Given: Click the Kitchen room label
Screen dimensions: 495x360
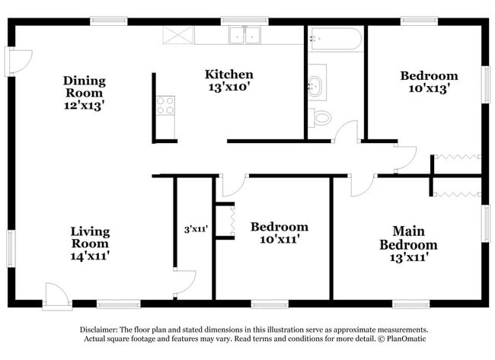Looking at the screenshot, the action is click(229, 75).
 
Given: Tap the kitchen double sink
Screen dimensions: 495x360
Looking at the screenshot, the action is click(245, 35).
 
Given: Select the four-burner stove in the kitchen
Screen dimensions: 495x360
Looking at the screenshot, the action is click(165, 105).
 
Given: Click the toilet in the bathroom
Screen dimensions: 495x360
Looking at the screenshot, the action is click(320, 118).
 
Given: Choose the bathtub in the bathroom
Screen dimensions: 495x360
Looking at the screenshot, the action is click(336, 39).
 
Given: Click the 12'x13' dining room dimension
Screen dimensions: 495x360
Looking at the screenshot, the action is click(84, 105).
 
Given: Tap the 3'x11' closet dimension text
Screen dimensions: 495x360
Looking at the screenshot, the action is click(196, 229).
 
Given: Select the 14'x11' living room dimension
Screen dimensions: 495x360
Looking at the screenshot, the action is click(90, 256).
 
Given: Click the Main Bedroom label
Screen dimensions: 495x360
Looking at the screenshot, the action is click(408, 238).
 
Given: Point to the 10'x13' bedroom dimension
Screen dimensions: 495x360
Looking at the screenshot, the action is click(429, 88).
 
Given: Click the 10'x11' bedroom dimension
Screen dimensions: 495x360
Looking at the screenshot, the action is click(279, 239).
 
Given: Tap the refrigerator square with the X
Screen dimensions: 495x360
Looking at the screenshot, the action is click(177, 35).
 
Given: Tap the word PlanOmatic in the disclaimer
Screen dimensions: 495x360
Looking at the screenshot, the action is click(406, 339).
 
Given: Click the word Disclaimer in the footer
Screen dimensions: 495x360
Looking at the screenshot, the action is click(98, 330).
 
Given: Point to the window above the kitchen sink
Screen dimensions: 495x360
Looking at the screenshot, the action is click(244, 21).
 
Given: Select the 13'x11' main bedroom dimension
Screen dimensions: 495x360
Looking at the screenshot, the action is click(409, 258).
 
